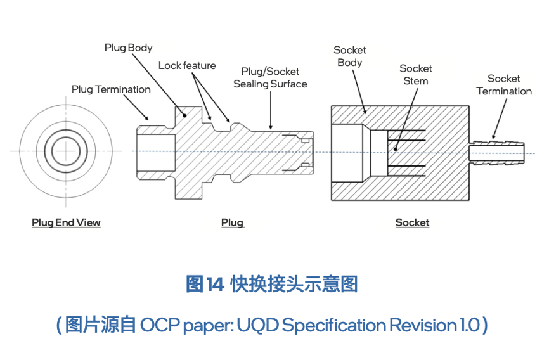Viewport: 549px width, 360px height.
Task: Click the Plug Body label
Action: point(129,48)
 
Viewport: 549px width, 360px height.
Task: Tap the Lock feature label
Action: point(187,66)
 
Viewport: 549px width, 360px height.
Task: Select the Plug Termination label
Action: point(111,89)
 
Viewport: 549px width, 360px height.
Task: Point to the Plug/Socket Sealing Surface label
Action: point(270,78)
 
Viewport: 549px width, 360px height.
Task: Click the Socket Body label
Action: point(350,56)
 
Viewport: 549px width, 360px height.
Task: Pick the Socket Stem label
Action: point(416,75)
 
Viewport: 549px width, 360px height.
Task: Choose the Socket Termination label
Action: point(504,85)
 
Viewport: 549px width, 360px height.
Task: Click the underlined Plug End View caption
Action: point(66,222)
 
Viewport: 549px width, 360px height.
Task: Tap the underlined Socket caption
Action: point(412,222)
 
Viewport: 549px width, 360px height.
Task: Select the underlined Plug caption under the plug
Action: point(232,222)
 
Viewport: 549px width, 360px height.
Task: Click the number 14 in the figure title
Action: point(214,285)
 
